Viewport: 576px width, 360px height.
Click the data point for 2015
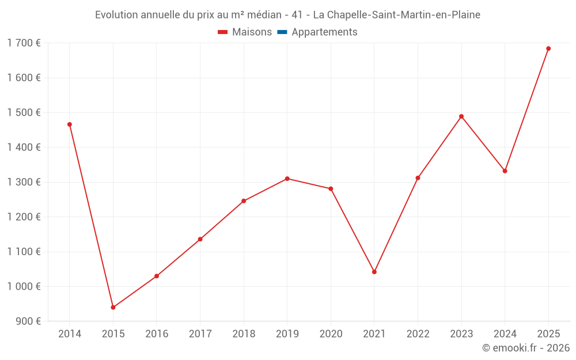113,308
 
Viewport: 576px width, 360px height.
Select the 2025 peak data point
548,48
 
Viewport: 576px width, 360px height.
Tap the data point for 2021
374,272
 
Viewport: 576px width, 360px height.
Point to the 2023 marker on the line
461,116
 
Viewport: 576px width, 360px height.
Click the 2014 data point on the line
70,124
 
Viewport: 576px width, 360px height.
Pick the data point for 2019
287,179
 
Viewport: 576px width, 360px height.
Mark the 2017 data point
200,239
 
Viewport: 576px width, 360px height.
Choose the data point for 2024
505,171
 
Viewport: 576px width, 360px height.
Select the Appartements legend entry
324,32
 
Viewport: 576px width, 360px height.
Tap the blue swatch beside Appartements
282,32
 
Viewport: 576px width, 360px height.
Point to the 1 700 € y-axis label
24,43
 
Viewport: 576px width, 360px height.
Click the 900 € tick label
28,321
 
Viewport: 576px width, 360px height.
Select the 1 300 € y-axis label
24,182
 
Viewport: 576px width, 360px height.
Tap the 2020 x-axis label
331,334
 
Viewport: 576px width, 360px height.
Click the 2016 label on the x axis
157,334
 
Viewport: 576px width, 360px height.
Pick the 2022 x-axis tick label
418,334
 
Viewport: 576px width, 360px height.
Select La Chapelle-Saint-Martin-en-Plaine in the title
396,15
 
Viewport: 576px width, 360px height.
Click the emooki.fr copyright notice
525,348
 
